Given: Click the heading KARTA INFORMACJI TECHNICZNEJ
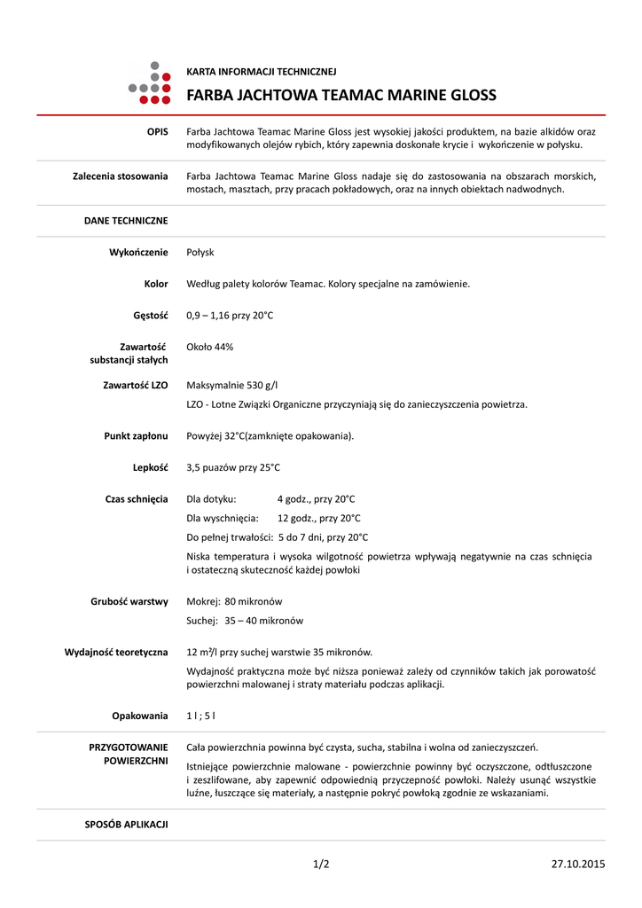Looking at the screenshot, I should click(261, 72).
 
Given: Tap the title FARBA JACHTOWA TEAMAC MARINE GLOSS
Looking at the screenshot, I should click(341, 96).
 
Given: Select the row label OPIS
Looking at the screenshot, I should click(157, 131).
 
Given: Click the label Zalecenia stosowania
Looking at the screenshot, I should click(120, 176).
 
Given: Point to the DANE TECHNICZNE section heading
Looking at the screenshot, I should click(126, 220).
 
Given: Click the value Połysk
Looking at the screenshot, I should click(200, 253).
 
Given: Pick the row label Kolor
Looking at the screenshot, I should click(155, 284).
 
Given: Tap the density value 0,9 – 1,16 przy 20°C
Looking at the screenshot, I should click(230, 316).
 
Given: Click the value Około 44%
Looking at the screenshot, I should click(209, 347).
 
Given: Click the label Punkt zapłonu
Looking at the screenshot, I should click(136, 436).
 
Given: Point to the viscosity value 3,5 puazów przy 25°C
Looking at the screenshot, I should click(233, 467).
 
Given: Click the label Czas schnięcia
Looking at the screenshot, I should click(137, 499).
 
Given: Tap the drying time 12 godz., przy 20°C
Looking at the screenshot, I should click(318, 519).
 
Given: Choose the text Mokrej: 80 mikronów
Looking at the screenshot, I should click(234, 601).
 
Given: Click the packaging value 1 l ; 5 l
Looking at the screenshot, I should click(200, 716).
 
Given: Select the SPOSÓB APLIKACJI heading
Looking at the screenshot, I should click(126, 824).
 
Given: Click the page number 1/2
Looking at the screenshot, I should click(321, 864).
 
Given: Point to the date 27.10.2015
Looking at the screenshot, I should click(577, 864).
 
